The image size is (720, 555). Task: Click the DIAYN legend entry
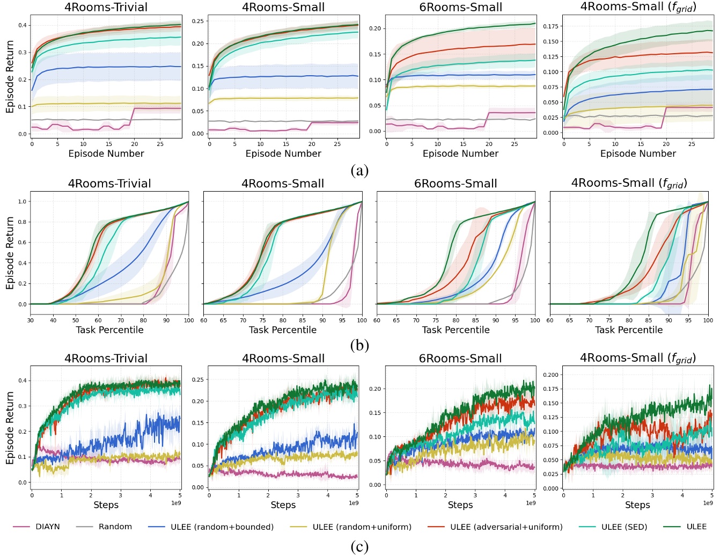pyautogui.click(x=47, y=527)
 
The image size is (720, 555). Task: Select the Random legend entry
pyautogui.click(x=115, y=527)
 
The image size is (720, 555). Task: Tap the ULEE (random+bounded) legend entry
pyautogui.click(x=222, y=527)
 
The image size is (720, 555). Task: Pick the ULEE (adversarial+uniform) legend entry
pyautogui.click(x=506, y=527)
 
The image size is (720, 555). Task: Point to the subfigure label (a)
pyautogui.click(x=359, y=171)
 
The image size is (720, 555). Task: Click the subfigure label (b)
pyautogui.click(x=359, y=345)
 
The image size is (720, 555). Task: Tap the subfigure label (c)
pyautogui.click(x=359, y=546)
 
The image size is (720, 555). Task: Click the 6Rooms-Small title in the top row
pyautogui.click(x=460, y=7)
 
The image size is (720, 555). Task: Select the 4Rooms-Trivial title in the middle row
pyautogui.click(x=109, y=183)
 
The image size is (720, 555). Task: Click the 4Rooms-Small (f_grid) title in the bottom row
pyautogui.click(x=637, y=358)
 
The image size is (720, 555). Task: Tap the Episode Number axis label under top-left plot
pyautogui.click(x=106, y=154)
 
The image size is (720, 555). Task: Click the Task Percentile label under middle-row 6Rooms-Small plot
pyautogui.click(x=455, y=330)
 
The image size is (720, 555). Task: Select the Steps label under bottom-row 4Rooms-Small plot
pyautogui.click(x=283, y=505)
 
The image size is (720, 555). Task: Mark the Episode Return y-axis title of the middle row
pyautogui.click(x=10, y=253)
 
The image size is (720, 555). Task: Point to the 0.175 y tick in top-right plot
pyautogui.click(x=551, y=26)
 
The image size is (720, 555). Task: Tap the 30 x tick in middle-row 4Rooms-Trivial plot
pyautogui.click(x=31, y=320)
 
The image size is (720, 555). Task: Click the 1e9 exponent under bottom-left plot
pyautogui.click(x=176, y=503)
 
